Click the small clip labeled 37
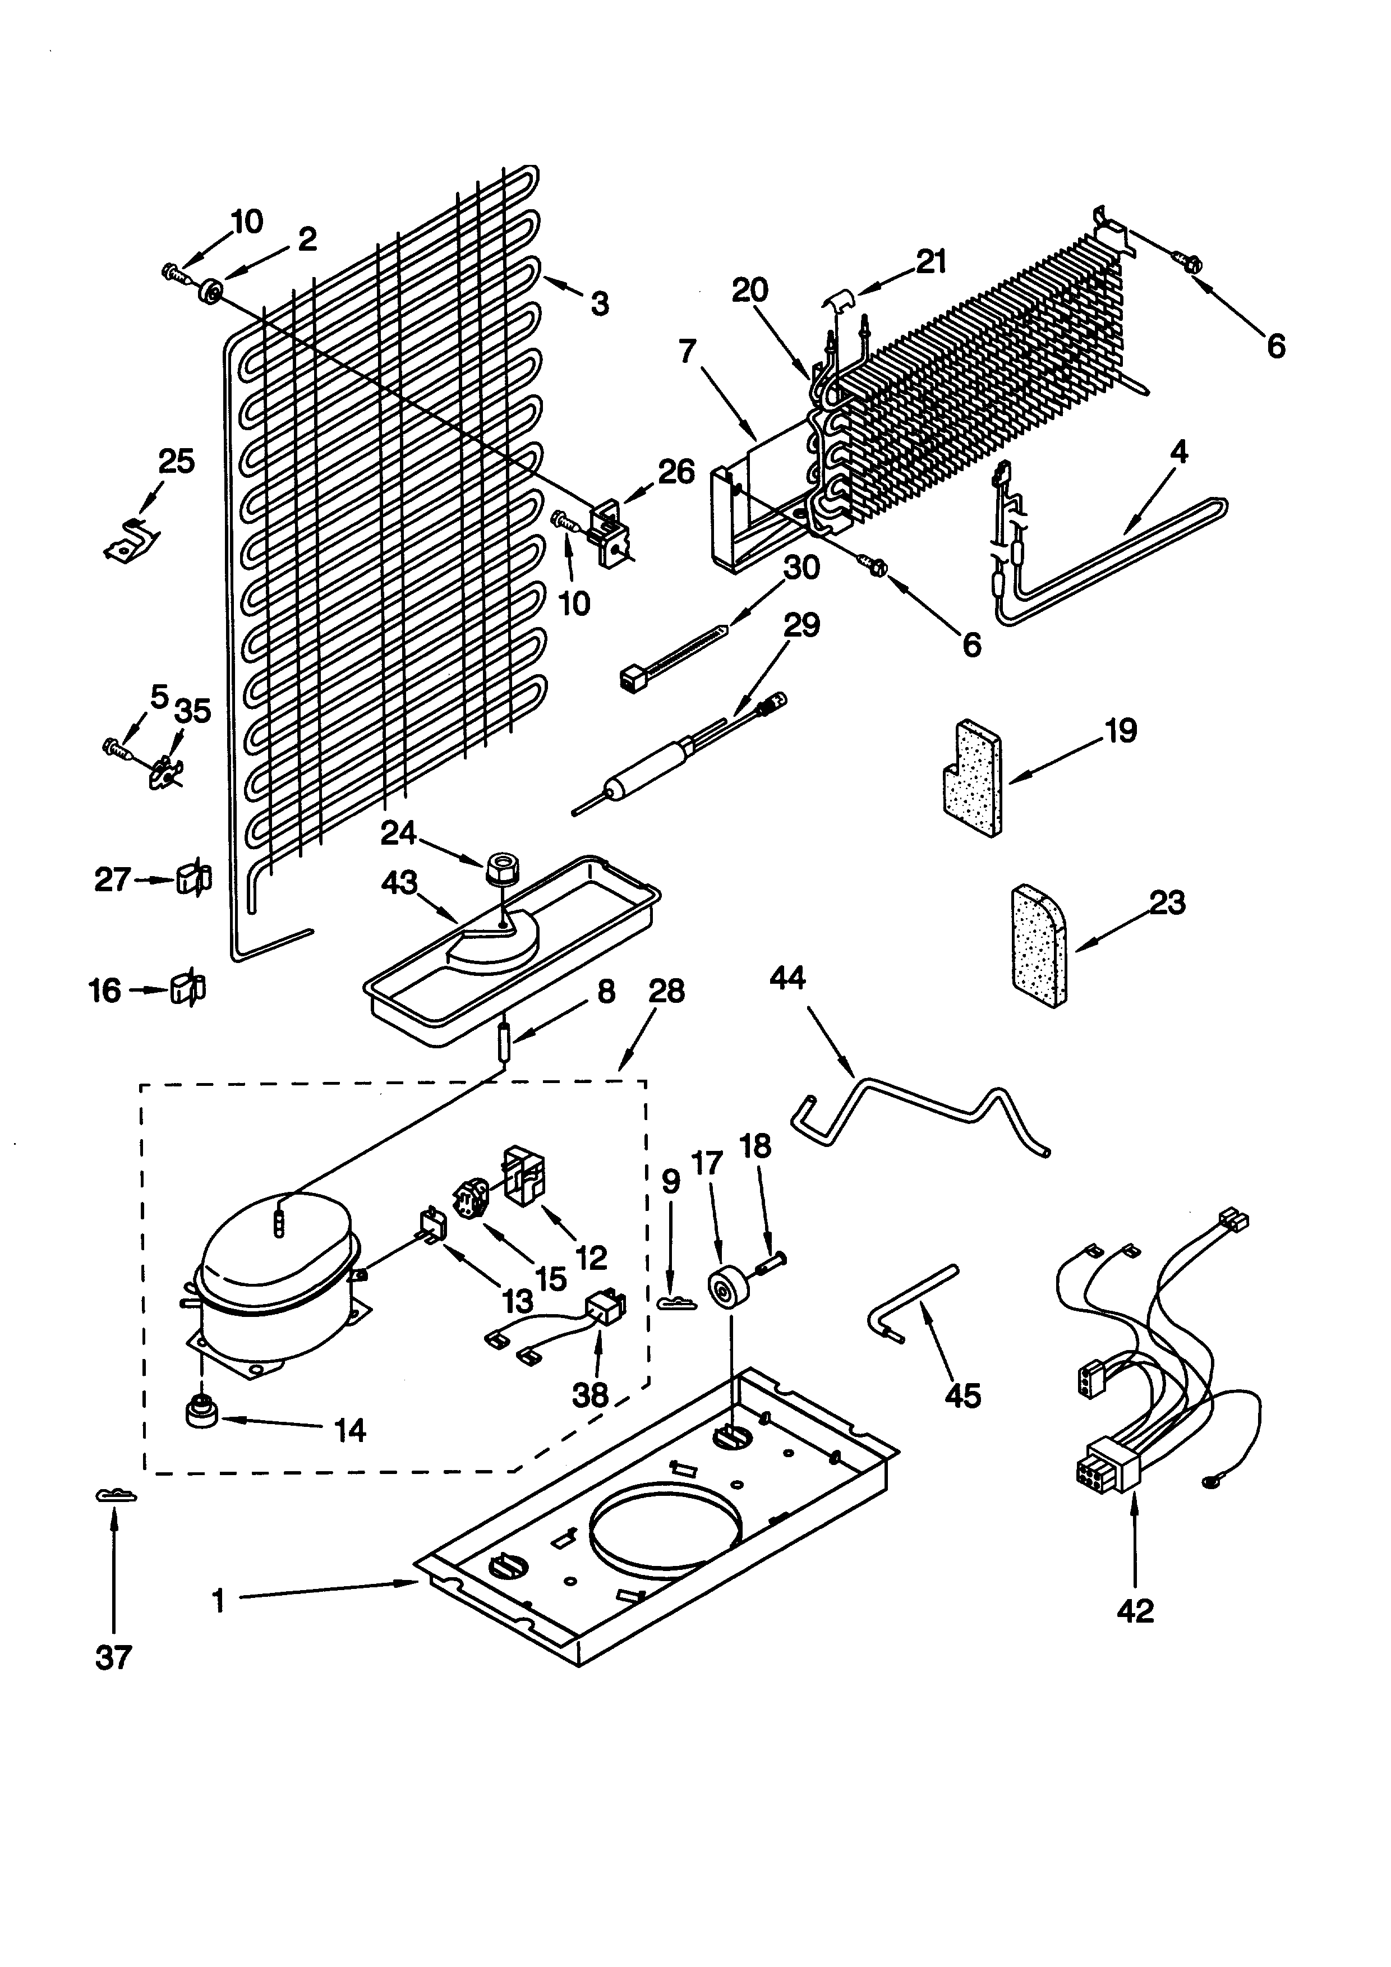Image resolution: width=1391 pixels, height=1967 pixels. (114, 1495)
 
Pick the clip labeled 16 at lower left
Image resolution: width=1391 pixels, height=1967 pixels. (187, 989)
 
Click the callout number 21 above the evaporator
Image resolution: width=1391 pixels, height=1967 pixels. (931, 261)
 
